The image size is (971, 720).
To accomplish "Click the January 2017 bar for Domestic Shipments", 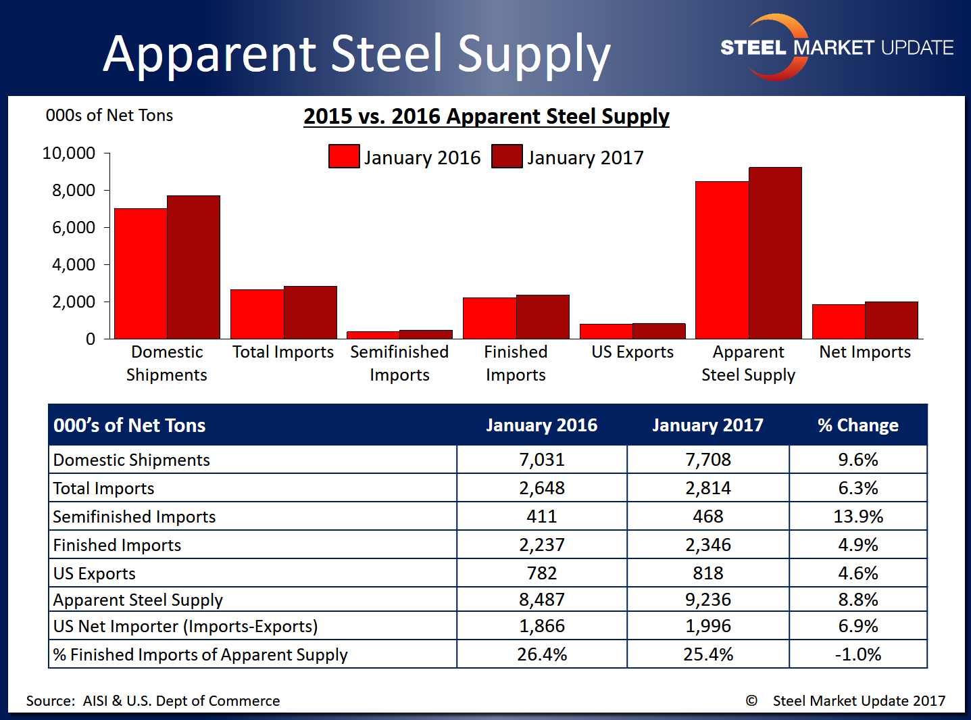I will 193,267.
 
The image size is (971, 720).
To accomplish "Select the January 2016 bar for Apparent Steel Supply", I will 722,260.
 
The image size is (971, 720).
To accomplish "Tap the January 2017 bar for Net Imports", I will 891,320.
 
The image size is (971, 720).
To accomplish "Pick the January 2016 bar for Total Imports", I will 257,314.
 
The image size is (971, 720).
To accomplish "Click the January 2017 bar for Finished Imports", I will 543,317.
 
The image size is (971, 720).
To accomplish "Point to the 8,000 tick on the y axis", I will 74,191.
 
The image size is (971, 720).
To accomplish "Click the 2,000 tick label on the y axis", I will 74,302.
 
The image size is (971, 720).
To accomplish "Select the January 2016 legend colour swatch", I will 343,156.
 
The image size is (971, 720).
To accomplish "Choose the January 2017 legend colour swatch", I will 506,156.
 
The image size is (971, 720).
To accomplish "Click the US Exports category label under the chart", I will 632,352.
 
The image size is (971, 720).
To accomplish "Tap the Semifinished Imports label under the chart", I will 399,364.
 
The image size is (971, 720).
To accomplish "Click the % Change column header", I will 857,425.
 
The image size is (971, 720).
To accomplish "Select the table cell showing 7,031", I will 541,460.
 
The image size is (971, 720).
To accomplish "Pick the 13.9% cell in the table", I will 857,517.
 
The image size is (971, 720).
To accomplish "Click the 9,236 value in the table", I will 707,600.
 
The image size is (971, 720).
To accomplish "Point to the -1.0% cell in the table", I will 857,654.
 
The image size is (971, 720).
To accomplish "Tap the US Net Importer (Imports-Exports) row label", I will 185,626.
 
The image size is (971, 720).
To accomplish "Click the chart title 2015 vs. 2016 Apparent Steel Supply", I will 486,116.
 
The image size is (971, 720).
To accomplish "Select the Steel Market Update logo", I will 836,47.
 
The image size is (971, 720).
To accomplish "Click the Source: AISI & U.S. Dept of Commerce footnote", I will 153,701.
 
